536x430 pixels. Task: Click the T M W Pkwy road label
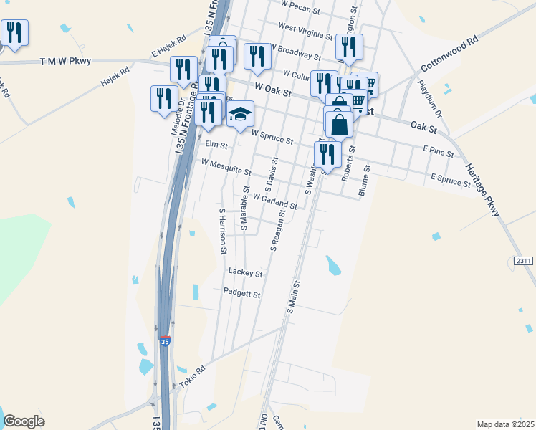(x=66, y=62)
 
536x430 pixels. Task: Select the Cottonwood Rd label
(x=449, y=53)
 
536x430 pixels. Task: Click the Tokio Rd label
(x=192, y=378)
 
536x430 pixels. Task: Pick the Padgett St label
(x=241, y=294)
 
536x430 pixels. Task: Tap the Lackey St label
(x=245, y=272)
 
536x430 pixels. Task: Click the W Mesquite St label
(x=226, y=168)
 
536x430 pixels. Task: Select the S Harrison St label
(x=223, y=231)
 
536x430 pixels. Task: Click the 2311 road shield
(x=524, y=261)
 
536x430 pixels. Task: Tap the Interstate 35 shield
(x=165, y=342)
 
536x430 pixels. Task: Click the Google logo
(x=24, y=421)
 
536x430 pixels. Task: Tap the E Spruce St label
(x=451, y=180)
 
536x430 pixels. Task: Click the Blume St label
(x=363, y=181)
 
